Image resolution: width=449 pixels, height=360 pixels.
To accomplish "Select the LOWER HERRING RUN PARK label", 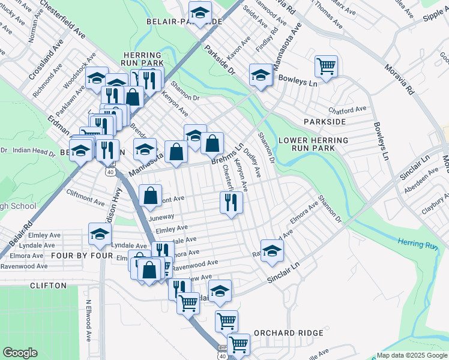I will coord(313,144).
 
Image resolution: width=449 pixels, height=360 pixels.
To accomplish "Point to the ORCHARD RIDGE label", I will coord(288,333).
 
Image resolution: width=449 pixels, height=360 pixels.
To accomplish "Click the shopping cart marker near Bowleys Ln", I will coord(326,66).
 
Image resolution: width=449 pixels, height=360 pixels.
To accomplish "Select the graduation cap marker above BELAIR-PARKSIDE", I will coord(200,13).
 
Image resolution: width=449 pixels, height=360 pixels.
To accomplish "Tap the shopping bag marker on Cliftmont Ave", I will coord(150,195).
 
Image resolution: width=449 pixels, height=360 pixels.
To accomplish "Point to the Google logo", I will coord(20,353).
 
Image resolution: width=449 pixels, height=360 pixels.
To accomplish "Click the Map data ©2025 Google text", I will coord(412,355).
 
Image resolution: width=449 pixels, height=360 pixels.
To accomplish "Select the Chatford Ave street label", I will coord(347,110).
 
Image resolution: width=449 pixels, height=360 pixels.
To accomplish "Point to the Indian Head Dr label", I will coord(34,151).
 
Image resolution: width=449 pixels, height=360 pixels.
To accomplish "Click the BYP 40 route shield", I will coord(223,352).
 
